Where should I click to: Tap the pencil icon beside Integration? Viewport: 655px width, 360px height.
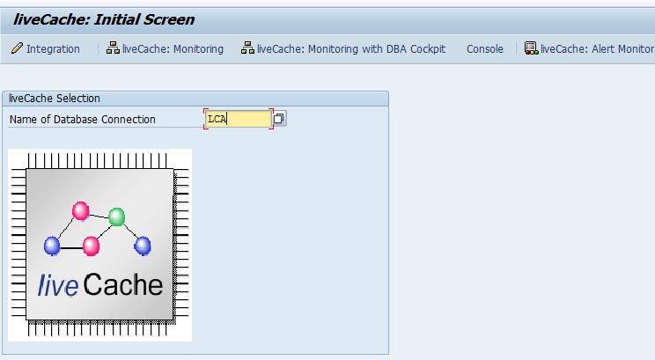point(17,49)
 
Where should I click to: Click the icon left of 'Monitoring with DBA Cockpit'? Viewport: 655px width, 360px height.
point(247,49)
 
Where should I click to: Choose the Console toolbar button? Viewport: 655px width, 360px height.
point(485,49)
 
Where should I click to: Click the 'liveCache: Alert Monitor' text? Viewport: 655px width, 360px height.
point(597,49)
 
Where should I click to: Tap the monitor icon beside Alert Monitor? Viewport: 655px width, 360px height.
point(531,49)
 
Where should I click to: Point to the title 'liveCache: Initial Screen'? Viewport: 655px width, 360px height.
point(104,19)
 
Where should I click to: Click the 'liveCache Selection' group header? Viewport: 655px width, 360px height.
point(55,99)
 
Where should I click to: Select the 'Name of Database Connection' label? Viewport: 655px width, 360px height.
point(83,119)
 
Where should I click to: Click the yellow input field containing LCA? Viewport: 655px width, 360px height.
point(239,119)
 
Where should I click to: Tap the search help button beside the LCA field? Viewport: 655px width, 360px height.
point(279,119)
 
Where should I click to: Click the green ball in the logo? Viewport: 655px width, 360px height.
point(116,217)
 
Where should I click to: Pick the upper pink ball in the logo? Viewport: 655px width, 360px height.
point(81,211)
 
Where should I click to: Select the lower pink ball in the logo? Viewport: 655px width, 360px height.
point(91,246)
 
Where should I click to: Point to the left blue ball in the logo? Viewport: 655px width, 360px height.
point(52,246)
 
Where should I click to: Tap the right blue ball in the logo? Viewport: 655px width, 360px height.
point(143,246)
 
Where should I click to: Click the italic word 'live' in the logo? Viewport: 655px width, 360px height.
point(58,285)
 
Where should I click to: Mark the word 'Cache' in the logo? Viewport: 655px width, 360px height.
point(123,285)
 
